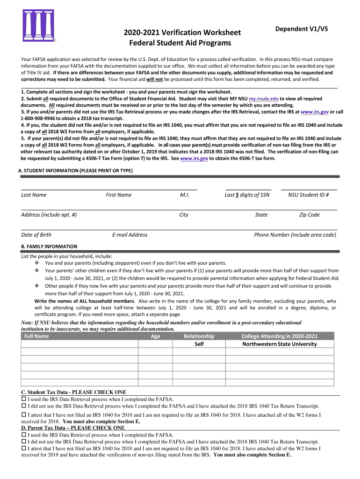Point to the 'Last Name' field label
34,195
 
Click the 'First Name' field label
119,195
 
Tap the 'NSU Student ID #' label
309,195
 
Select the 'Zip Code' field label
310,215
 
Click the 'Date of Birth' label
36,235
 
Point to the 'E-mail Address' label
130,235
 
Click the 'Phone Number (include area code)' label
295,235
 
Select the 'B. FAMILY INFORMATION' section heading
49,247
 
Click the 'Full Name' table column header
36,336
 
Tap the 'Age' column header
156,336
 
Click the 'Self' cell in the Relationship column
199,344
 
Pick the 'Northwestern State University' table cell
279,344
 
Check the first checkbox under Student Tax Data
24,399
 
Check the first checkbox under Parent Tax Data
24,435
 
